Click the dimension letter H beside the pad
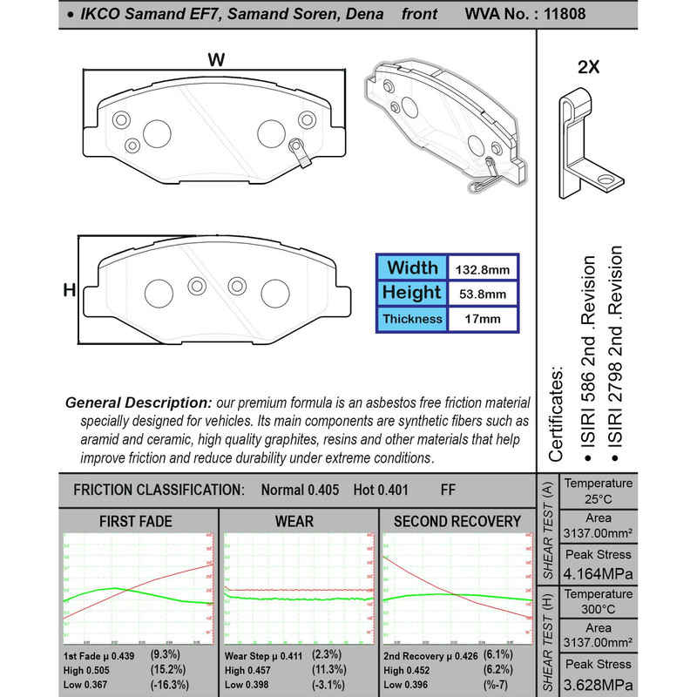[69, 290]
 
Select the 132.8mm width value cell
[483, 268]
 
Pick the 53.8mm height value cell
[483, 294]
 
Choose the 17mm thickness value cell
[483, 319]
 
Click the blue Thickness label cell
[411, 319]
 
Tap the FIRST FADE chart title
[136, 522]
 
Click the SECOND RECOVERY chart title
[457, 522]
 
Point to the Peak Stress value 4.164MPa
[598, 575]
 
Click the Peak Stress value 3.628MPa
[598, 684]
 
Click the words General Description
[139, 403]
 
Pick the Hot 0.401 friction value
[381, 490]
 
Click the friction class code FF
[449, 490]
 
